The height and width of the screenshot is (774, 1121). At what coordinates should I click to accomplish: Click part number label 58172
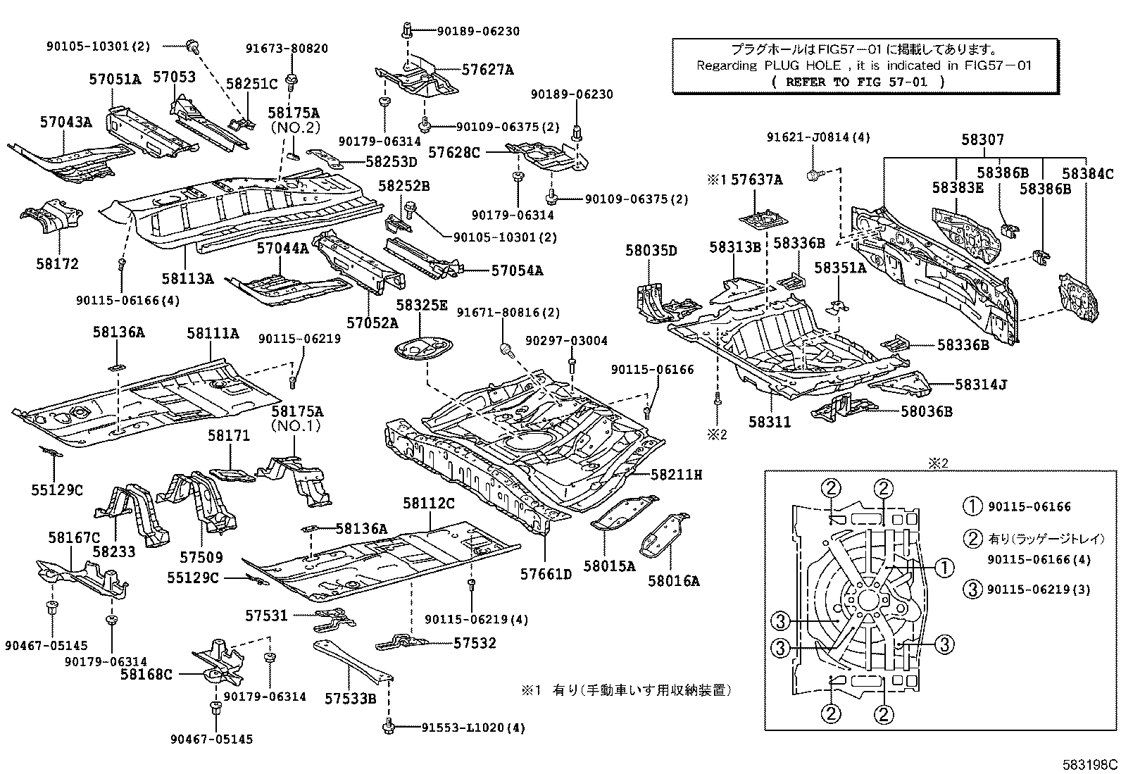pyautogui.click(x=58, y=264)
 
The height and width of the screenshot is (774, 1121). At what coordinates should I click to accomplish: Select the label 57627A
pyautogui.click(x=487, y=70)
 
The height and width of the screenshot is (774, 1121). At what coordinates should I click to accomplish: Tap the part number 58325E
pyautogui.click(x=421, y=305)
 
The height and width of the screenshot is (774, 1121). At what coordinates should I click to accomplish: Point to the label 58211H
pyautogui.click(x=676, y=475)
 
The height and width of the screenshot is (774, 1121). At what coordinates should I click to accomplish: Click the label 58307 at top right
pyautogui.click(x=982, y=140)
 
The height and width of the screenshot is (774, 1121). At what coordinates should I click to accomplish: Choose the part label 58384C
pyautogui.click(x=1088, y=173)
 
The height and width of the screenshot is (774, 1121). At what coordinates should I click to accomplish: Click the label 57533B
pyautogui.click(x=350, y=698)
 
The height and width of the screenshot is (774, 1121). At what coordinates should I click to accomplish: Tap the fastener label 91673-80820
pyautogui.click(x=287, y=49)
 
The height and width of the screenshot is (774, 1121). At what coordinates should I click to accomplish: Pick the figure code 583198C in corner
pyautogui.click(x=1090, y=763)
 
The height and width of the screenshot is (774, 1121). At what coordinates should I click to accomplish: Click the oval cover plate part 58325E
pyautogui.click(x=422, y=349)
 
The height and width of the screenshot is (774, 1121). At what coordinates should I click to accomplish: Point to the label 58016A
pyautogui.click(x=674, y=580)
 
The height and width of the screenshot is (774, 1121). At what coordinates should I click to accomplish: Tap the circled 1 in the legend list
pyautogui.click(x=972, y=506)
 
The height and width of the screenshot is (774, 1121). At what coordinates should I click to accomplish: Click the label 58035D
pyautogui.click(x=651, y=250)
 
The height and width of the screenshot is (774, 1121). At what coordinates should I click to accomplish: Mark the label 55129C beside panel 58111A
pyautogui.click(x=56, y=489)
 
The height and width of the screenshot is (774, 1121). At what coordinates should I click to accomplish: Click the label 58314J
pyautogui.click(x=981, y=385)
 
